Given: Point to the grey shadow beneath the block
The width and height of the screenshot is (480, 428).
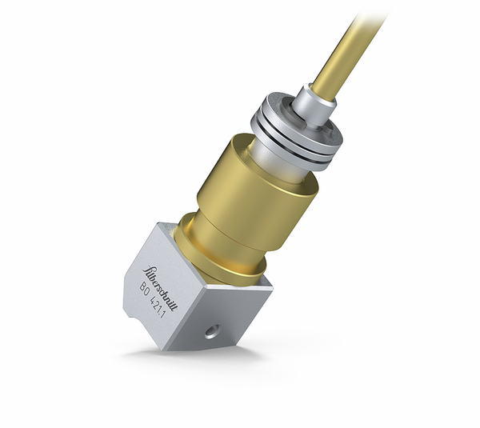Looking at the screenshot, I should (x=192, y=352).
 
